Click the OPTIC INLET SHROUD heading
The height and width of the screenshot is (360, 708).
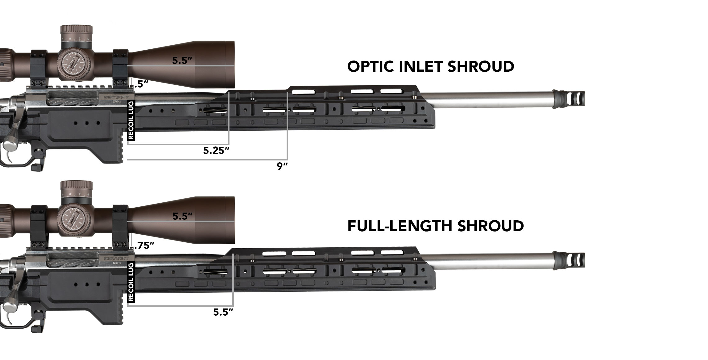(430, 67)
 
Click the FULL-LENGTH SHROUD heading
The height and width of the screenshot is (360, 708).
(435, 226)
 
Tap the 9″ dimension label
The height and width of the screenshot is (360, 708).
(282, 166)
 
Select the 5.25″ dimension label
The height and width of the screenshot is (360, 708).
(216, 151)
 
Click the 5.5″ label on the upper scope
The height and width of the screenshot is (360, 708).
(183, 61)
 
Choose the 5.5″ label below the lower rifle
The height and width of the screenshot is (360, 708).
(223, 312)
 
